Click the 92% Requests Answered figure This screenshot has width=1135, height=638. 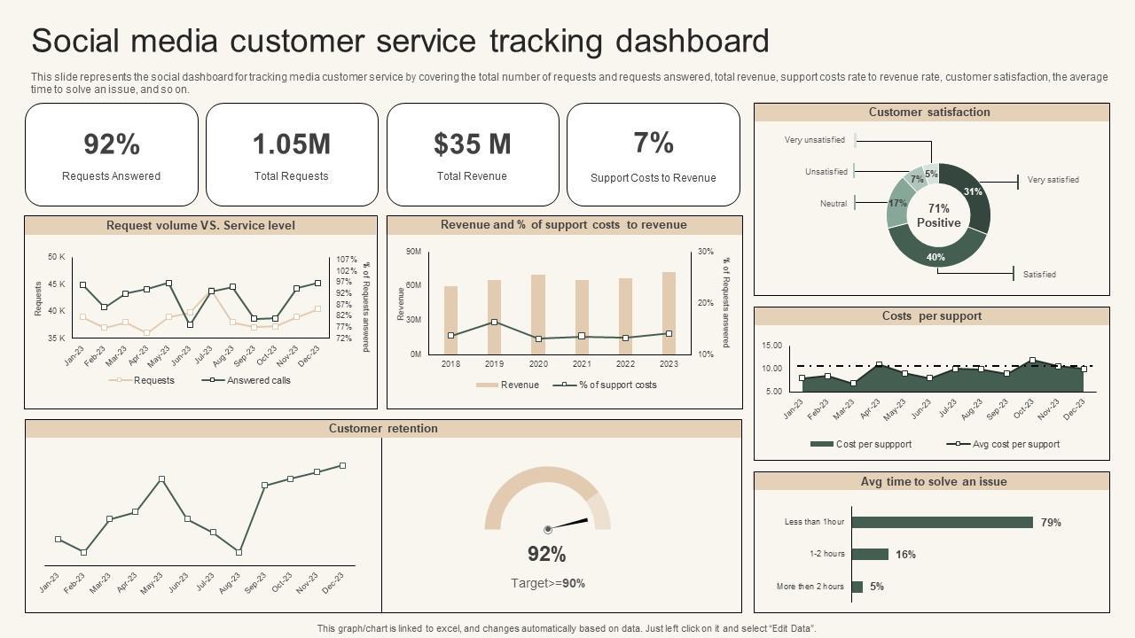click(112, 144)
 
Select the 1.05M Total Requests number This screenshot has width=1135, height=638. click(291, 144)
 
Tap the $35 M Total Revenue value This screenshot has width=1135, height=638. click(472, 144)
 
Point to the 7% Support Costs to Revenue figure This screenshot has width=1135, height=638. click(654, 142)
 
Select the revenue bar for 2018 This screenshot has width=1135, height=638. click(450, 320)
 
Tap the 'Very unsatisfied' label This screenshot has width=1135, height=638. click(814, 140)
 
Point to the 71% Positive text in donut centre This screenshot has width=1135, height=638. click(938, 215)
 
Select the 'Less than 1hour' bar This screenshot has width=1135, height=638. click(942, 522)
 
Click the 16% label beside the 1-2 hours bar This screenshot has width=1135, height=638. click(905, 555)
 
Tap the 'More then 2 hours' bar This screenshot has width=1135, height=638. click(857, 587)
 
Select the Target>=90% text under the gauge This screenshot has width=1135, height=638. click(548, 583)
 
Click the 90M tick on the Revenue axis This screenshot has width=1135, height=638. click(413, 252)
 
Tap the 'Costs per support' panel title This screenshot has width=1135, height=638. click(931, 316)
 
